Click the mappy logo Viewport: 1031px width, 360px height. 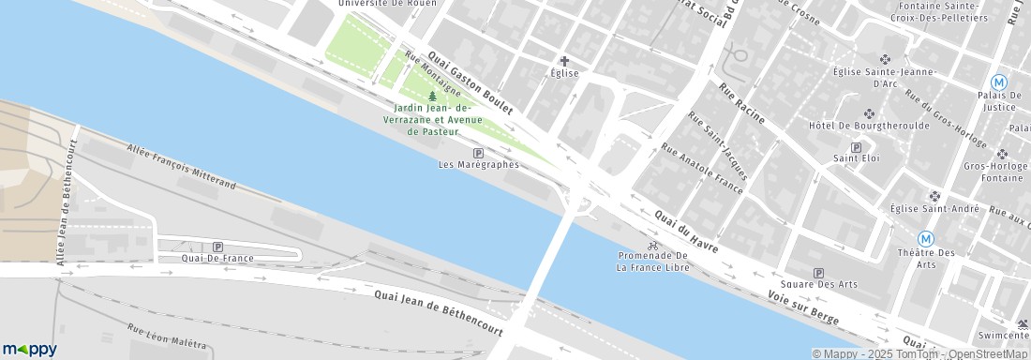click(29, 349)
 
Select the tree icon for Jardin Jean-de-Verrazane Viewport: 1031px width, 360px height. click(432, 96)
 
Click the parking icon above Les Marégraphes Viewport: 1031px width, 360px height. click(479, 153)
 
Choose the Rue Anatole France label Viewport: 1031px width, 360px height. click(702, 169)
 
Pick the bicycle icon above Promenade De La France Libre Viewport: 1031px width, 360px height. click(653, 245)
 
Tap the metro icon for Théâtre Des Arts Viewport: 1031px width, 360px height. click(926, 239)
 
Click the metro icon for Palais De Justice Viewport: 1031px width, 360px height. click(1000, 82)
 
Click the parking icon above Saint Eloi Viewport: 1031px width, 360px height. click(856, 147)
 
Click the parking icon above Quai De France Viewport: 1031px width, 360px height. click(217, 247)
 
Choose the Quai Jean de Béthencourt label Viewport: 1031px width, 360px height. click(439, 312)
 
